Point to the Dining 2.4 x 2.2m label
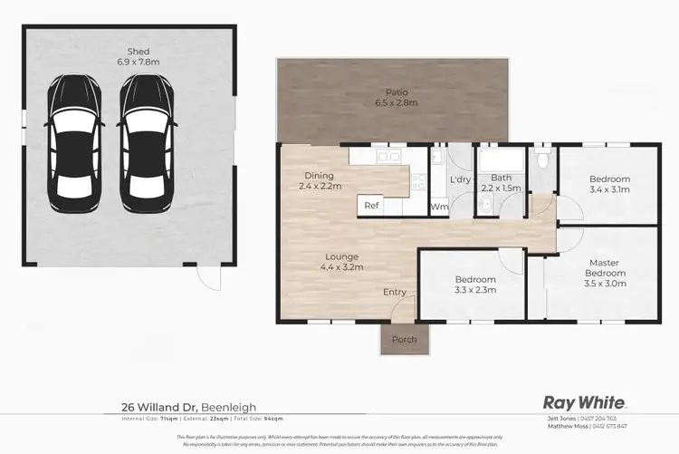tap(320, 180)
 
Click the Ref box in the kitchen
tap(371, 206)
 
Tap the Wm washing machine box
tap(439, 207)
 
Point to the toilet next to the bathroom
tap(542, 159)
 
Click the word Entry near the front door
tap(395, 292)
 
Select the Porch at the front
tap(403, 340)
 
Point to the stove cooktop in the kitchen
tap(418, 180)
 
